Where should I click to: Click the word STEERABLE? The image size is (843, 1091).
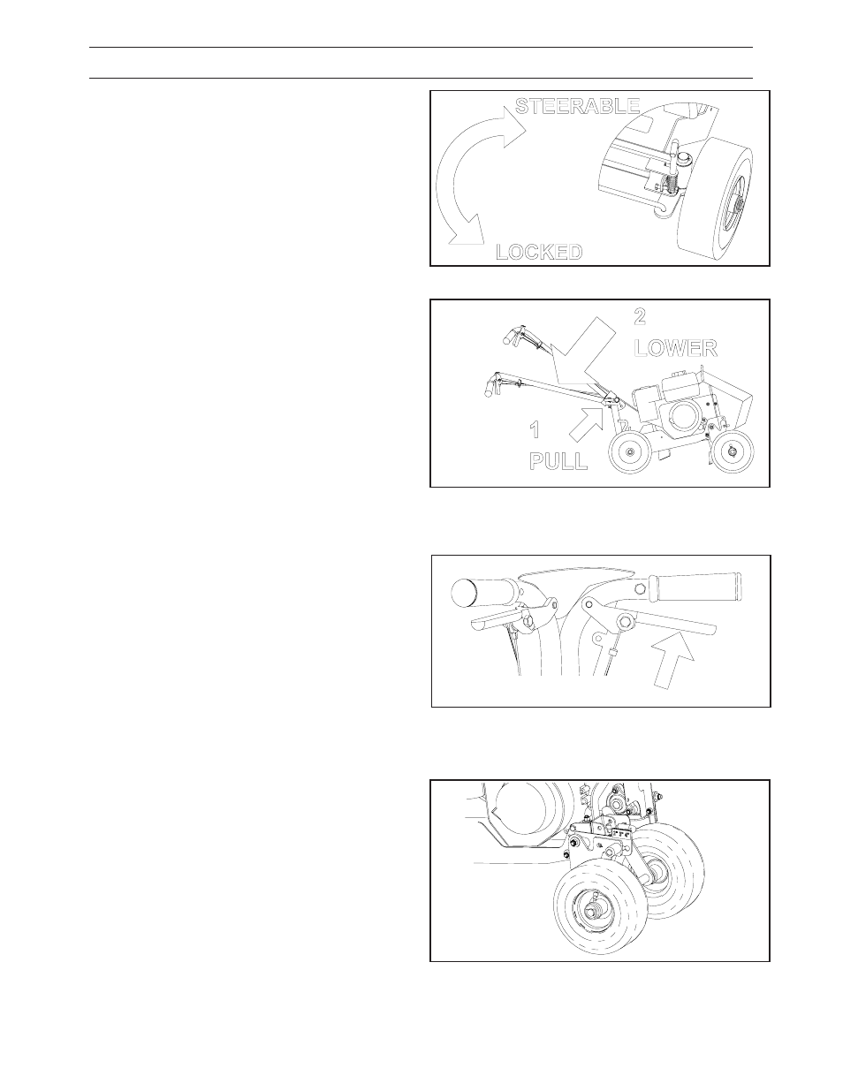click(577, 106)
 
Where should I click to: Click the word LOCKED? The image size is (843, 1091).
click(539, 252)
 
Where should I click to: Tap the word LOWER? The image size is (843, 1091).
click(675, 348)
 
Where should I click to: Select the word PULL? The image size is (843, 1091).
click(558, 461)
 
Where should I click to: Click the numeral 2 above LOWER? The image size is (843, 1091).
click(640, 316)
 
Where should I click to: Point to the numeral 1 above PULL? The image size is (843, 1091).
click(535, 429)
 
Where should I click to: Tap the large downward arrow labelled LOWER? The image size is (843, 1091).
click(581, 358)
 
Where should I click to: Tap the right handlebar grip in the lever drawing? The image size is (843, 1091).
click(695, 588)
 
